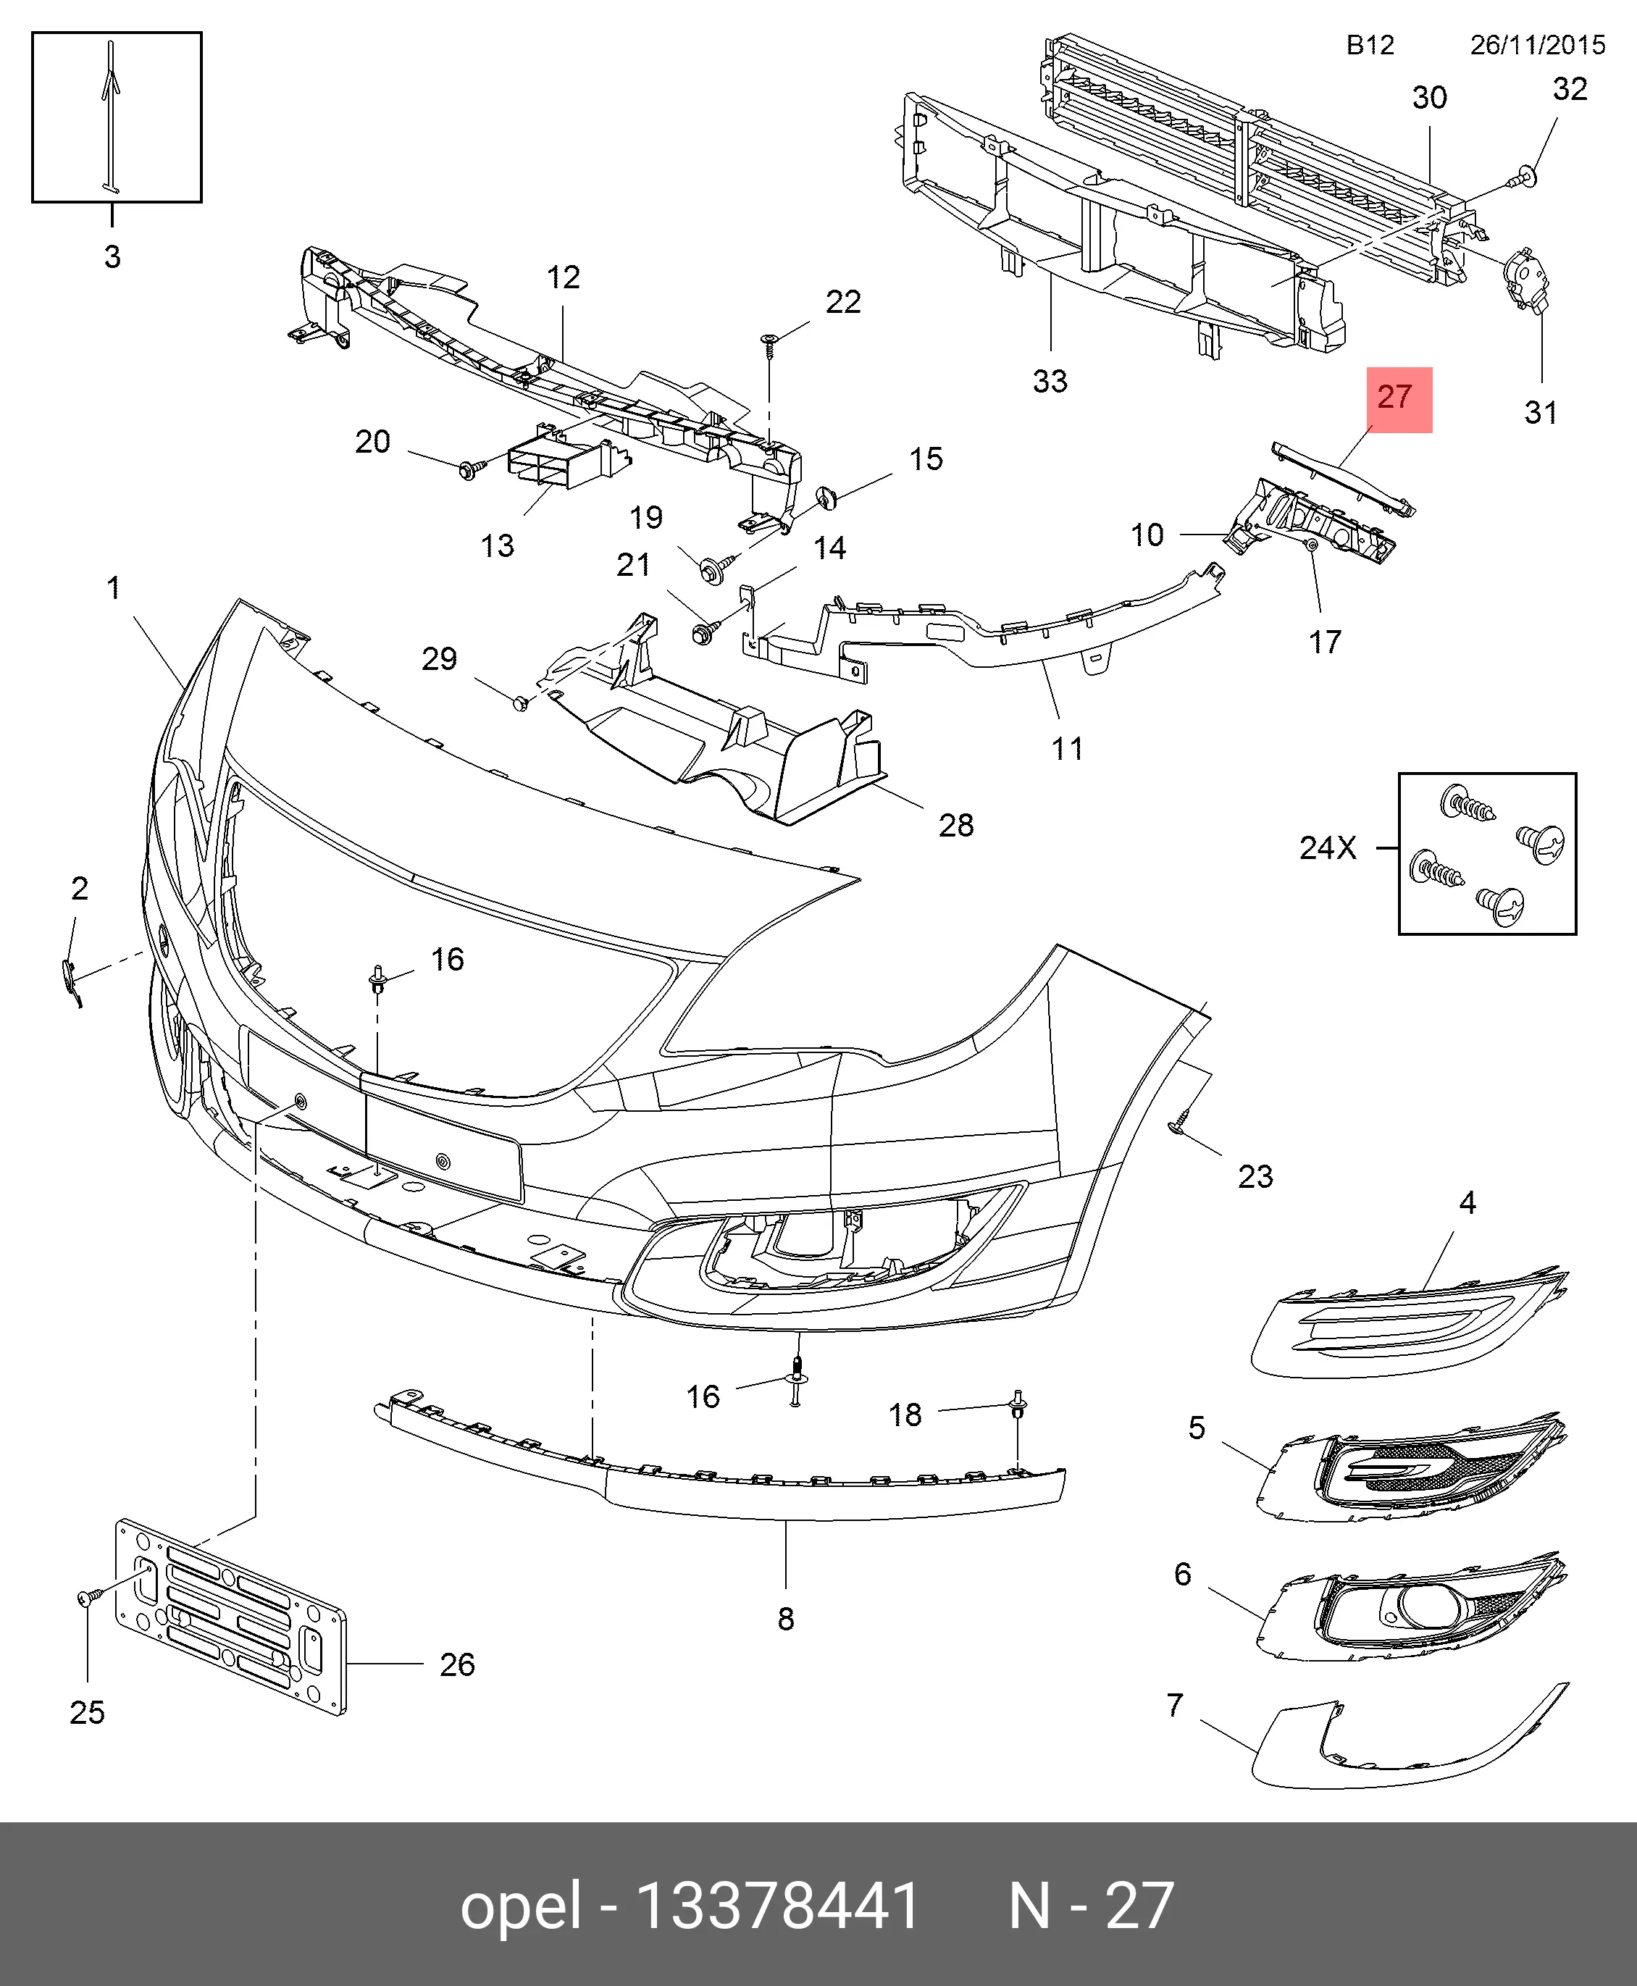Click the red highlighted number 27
pyautogui.click(x=1399, y=399)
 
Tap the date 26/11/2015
pyautogui.click(x=1537, y=45)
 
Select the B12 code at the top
pyautogui.click(x=1369, y=45)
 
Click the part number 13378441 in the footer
pyautogui.click(x=778, y=1906)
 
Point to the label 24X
pyautogui.click(x=1328, y=847)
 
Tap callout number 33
pyautogui.click(x=1050, y=381)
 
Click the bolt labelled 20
pyautogui.click(x=469, y=468)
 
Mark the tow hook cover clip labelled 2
pyautogui.click(x=68, y=977)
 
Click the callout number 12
pyautogui.click(x=563, y=277)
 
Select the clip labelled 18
pyautogui.click(x=1018, y=1404)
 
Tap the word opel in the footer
pyautogui.click(x=521, y=1906)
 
